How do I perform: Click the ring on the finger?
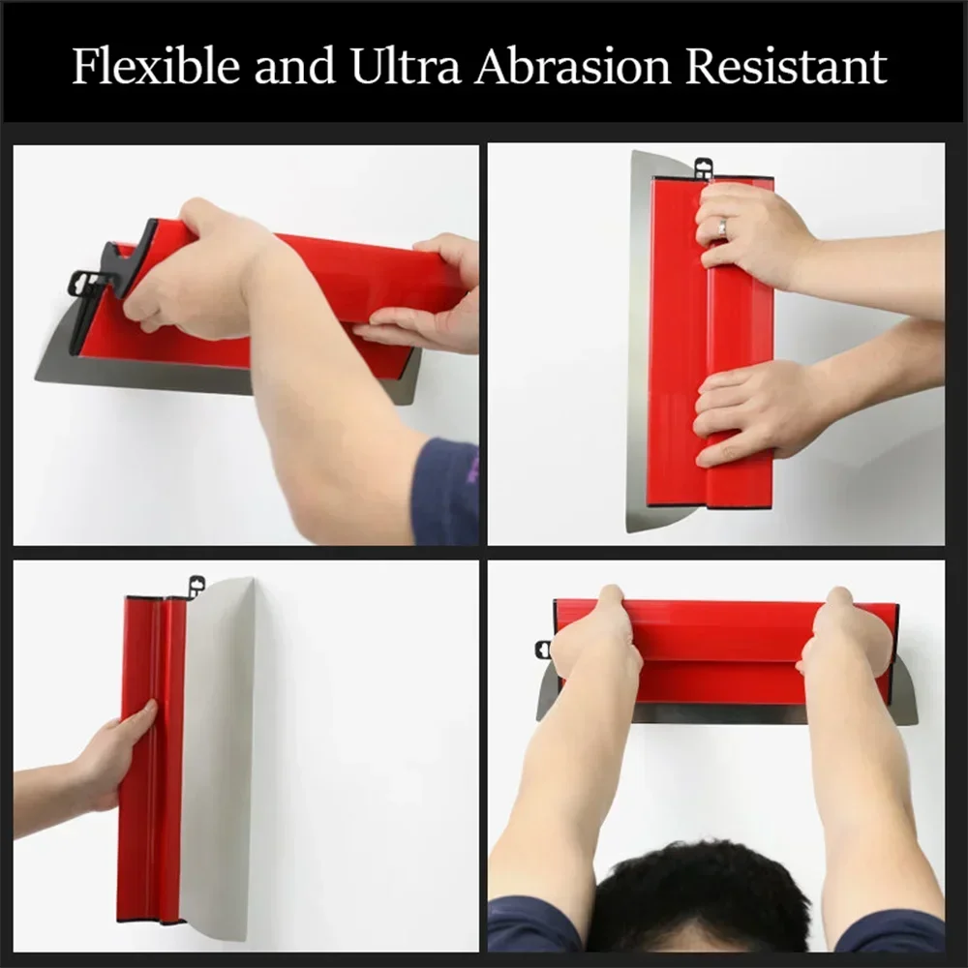pyautogui.click(x=721, y=228)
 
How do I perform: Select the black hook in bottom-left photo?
pyautogui.click(x=197, y=585)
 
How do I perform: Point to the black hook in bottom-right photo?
pyautogui.click(x=543, y=650)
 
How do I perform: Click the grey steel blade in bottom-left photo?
pyautogui.click(x=218, y=755)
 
